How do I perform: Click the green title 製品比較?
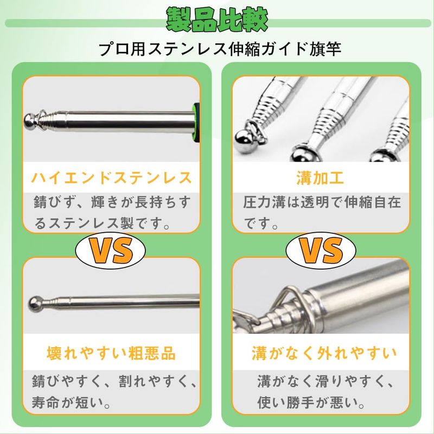pos(217,20)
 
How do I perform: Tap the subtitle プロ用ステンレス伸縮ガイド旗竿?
pos(220,49)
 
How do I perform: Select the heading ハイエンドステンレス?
pos(111,178)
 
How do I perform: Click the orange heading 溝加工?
pos(320,178)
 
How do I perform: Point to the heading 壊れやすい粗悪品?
pos(111,353)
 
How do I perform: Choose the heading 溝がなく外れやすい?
pos(324,353)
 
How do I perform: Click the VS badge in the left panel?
pos(111,250)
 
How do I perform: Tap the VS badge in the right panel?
pos(321,250)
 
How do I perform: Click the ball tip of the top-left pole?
pos(30,120)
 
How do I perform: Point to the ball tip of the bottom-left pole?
pos(36,303)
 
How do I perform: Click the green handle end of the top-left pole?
pos(196,122)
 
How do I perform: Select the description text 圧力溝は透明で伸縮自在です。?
pos(322,213)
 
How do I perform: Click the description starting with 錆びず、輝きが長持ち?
pos(112,213)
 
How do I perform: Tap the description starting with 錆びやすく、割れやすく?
pos(114,391)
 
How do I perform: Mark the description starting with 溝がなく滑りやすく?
pos(325,391)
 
